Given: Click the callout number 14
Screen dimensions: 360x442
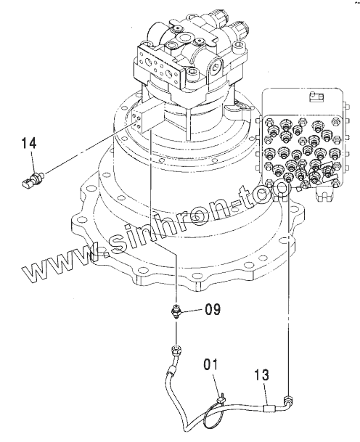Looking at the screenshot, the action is (29, 143).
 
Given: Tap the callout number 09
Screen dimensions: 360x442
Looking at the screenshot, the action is (213, 309).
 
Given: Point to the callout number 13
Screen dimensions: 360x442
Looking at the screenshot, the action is (261, 375).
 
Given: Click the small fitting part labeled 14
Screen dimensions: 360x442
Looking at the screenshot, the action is (33, 180).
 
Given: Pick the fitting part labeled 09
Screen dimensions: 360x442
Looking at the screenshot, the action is (176, 312).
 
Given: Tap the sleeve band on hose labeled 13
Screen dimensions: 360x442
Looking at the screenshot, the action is (269, 409).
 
